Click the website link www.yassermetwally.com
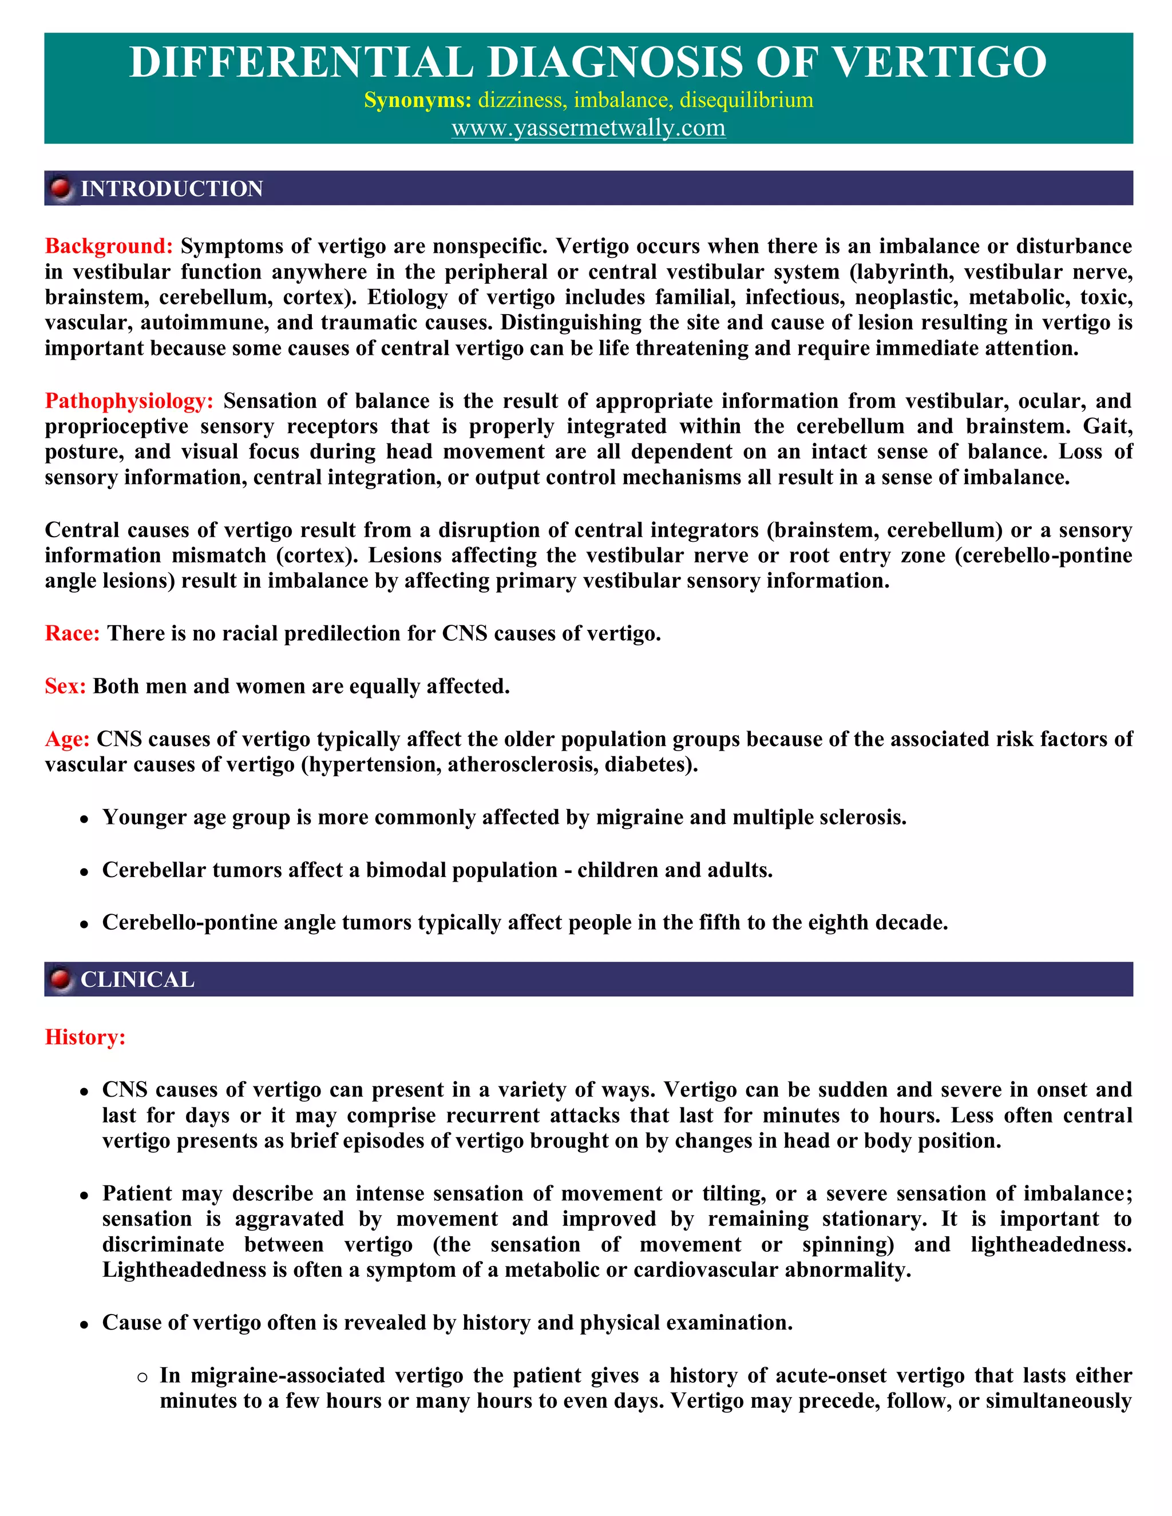(x=588, y=128)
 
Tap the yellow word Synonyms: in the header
(x=417, y=100)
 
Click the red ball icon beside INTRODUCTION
(x=61, y=188)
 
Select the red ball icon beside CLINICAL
(x=61, y=979)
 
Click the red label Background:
(x=108, y=247)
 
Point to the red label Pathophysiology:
(x=129, y=401)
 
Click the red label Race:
(x=72, y=633)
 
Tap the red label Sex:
(x=65, y=686)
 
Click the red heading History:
(x=85, y=1037)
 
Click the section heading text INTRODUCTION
(x=172, y=189)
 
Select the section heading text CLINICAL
(x=137, y=979)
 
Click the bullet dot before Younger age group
(x=84, y=820)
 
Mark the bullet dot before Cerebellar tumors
(x=84, y=872)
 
